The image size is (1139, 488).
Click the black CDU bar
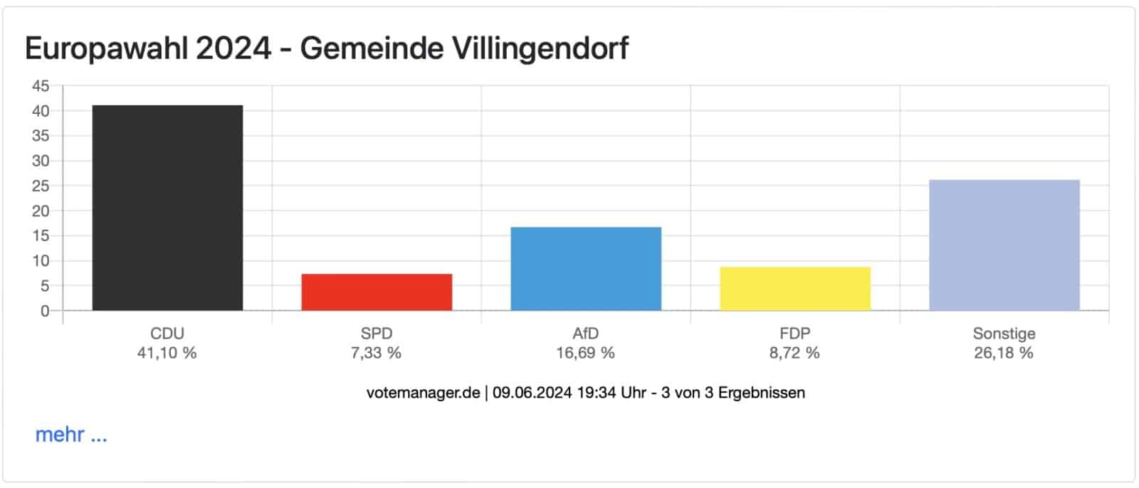[167, 208]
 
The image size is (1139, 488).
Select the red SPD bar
[377, 292]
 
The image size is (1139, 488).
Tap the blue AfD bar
[586, 269]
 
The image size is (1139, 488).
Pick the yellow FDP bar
[794, 289]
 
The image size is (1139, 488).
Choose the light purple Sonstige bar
[1004, 245]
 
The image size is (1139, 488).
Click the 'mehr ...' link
[71, 435]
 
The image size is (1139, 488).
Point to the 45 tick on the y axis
[41, 86]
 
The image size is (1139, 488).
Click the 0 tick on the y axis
[45, 311]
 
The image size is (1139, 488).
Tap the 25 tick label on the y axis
[41, 186]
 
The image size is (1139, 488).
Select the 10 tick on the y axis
[41, 261]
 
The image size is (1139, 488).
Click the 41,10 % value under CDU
[167, 353]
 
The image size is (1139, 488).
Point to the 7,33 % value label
[376, 353]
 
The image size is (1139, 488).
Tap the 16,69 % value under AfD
[585, 353]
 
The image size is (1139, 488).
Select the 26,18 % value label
[1004, 353]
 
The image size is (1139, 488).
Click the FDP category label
[794, 334]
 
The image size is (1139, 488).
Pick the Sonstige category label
[1004, 334]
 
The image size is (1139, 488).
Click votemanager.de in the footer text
[423, 393]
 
